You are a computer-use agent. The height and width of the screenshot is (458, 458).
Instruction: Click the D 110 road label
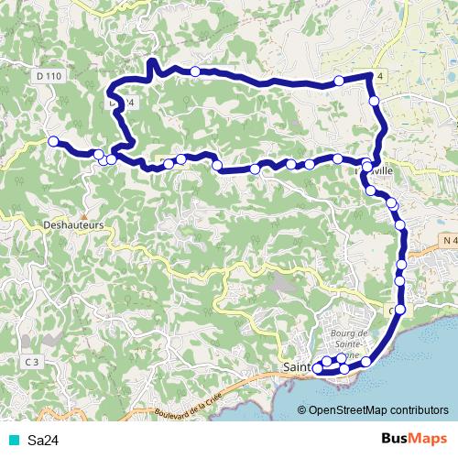coord(50,75)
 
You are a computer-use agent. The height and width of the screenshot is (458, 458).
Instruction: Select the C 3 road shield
coord(30,362)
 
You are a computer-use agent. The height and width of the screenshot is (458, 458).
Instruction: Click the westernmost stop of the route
coord(53,141)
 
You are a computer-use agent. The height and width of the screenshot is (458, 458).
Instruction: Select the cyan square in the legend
coord(12,440)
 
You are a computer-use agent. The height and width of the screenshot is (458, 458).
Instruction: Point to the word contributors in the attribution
coord(420,411)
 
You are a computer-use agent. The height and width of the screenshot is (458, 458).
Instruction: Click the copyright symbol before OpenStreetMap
coord(302,411)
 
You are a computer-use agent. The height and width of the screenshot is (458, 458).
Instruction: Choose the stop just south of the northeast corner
coord(375,100)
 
